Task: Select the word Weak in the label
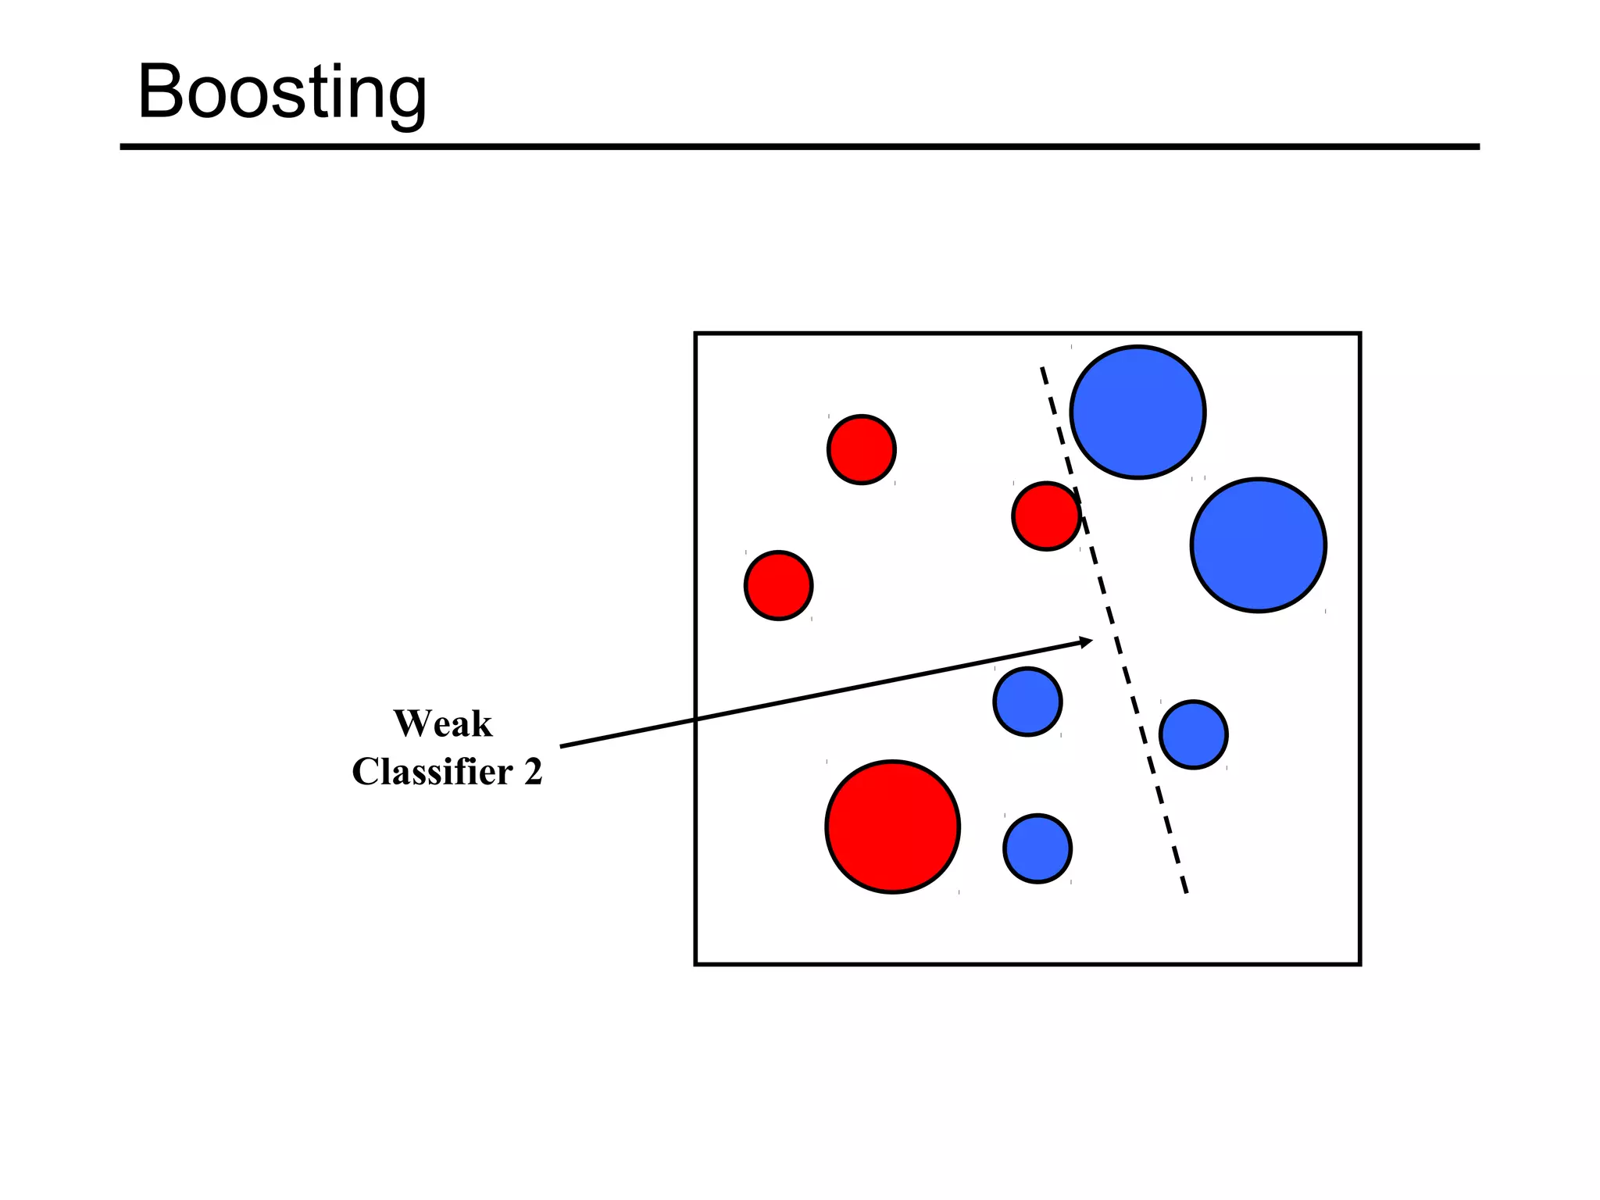pyautogui.click(x=443, y=723)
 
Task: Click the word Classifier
pyautogui.click(x=432, y=772)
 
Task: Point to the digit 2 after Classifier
pyautogui.click(x=533, y=772)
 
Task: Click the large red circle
pyautogui.click(x=892, y=827)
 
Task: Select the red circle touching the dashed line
pyautogui.click(x=1046, y=516)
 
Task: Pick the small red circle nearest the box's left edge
pyautogui.click(x=778, y=585)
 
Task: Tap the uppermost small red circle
pyautogui.click(x=861, y=449)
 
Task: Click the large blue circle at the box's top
pyautogui.click(x=1137, y=412)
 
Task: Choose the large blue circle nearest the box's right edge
pyautogui.click(x=1258, y=545)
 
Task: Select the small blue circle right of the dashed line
pyautogui.click(x=1193, y=734)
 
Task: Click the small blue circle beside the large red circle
pyautogui.click(x=1037, y=848)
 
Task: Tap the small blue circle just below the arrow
pyautogui.click(x=1027, y=702)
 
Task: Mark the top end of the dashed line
pyautogui.click(x=1042, y=369)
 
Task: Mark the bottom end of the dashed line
pyautogui.click(x=1186, y=891)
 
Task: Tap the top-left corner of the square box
pyautogui.click(x=696, y=334)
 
